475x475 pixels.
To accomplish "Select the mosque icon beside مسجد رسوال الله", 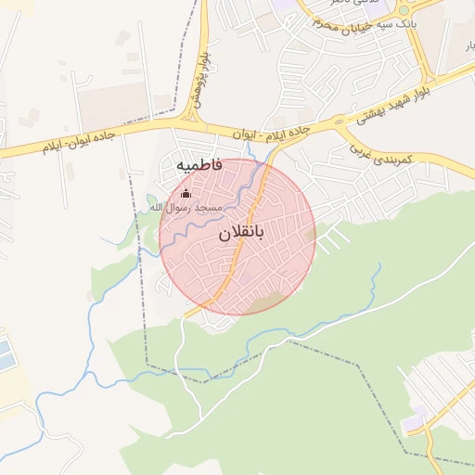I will (x=186, y=194).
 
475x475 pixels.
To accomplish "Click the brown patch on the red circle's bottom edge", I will (x=267, y=302).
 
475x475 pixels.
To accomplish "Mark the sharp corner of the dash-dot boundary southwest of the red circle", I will (x=146, y=361).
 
